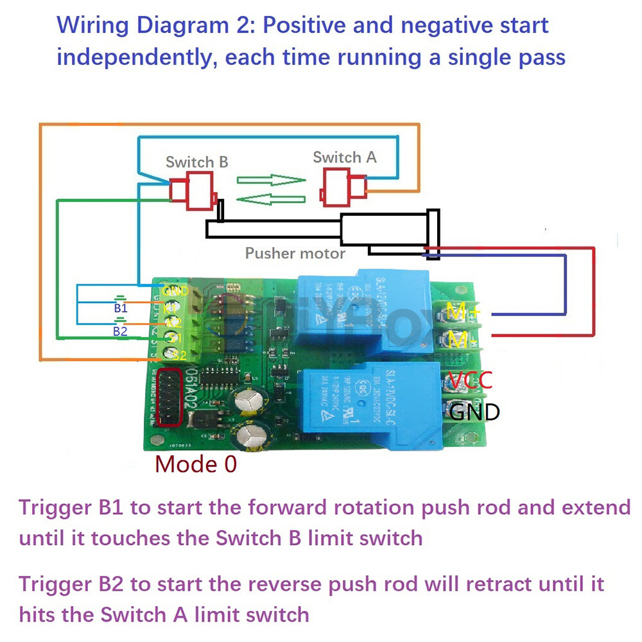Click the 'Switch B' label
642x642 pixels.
pyautogui.click(x=196, y=162)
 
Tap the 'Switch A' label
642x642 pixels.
pyautogui.click(x=344, y=157)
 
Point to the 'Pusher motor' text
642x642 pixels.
pyautogui.click(x=295, y=253)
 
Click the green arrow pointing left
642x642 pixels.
pyautogui.click(x=269, y=200)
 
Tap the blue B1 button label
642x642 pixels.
pyautogui.click(x=120, y=309)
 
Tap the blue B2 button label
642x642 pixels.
pyautogui.click(x=120, y=331)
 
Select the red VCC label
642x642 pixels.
pyautogui.click(x=469, y=381)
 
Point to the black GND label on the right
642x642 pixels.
pyautogui.click(x=474, y=411)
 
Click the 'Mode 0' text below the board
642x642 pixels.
pyautogui.click(x=196, y=463)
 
